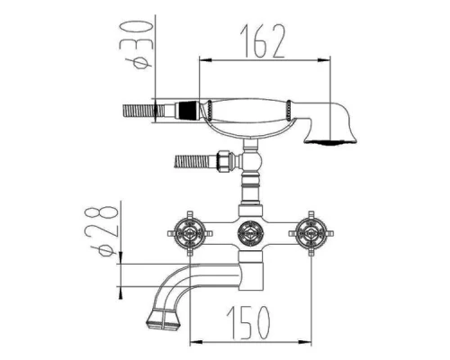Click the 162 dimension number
[x=262, y=41]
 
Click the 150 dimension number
[x=248, y=322]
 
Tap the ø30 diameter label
[x=138, y=44]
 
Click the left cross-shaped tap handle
[x=190, y=233]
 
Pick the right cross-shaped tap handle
[x=311, y=233]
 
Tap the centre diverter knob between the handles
[x=250, y=233]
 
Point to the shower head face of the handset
[x=330, y=141]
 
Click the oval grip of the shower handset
[x=249, y=111]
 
